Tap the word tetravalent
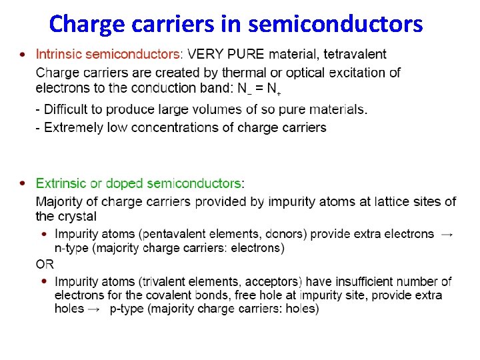coord(355,54)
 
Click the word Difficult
coord(69,109)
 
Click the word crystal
coord(76,217)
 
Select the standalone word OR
coord(45,264)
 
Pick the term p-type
coord(127,309)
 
